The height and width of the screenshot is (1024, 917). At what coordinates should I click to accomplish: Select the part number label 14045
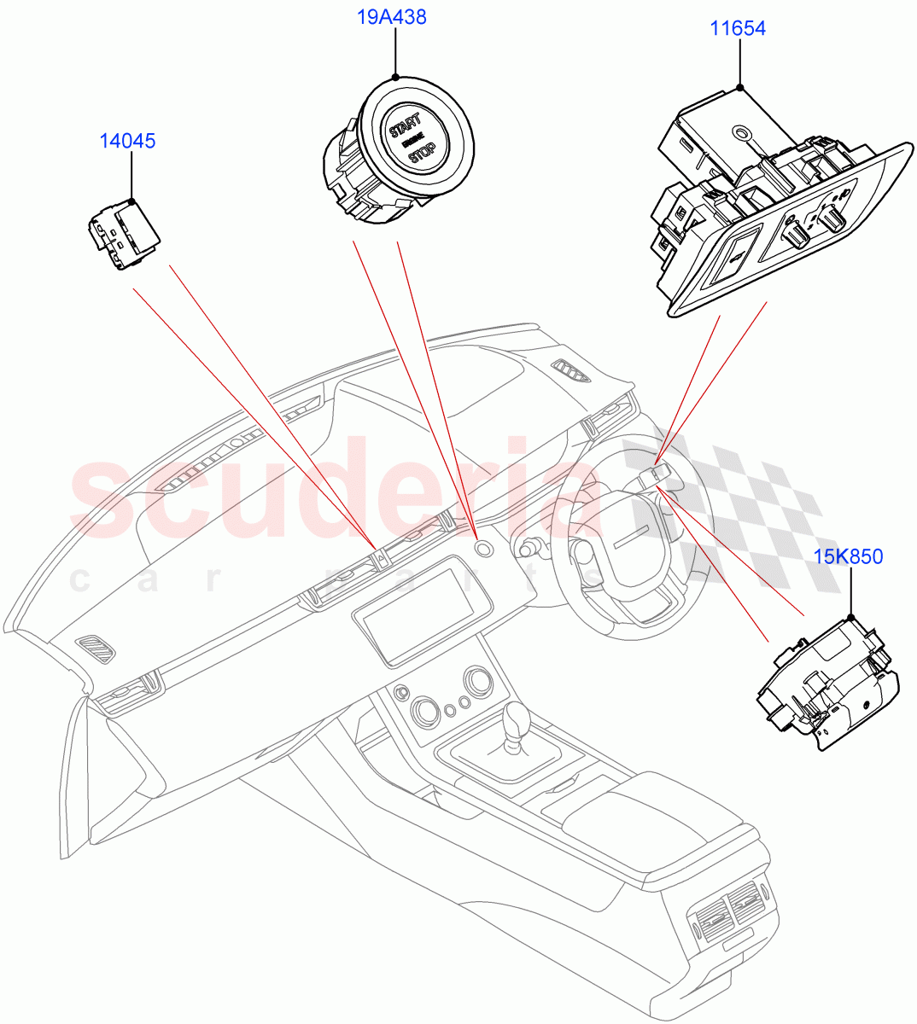tap(127, 141)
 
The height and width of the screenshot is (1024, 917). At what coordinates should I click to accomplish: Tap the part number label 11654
tap(738, 28)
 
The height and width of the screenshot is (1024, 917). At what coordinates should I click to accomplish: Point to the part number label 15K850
tap(848, 557)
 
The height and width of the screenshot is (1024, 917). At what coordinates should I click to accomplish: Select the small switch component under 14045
tap(124, 235)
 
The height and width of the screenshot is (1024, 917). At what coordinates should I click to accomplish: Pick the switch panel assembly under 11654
tap(768, 213)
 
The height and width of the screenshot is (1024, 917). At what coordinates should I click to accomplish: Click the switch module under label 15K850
tap(826, 683)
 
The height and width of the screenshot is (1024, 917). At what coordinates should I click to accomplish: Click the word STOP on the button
tap(422, 154)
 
